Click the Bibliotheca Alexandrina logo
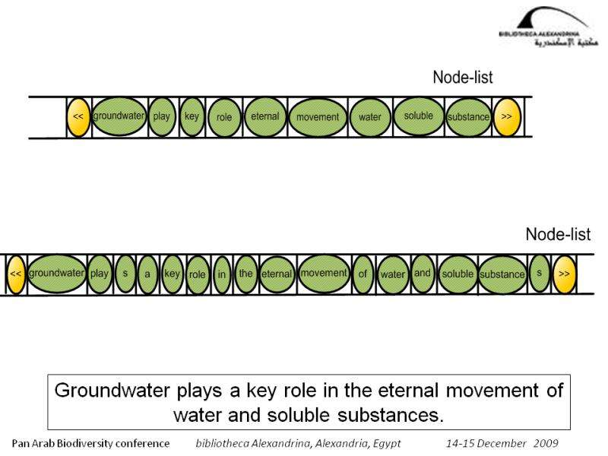(548, 28)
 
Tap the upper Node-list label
(462, 77)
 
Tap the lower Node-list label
(558, 235)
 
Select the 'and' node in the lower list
(423, 274)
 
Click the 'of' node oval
(363, 274)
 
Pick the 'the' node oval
(245, 274)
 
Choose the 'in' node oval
(221, 275)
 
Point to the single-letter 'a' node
(148, 274)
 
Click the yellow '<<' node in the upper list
(78, 117)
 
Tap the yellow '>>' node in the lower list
(564, 274)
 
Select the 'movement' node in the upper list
(318, 117)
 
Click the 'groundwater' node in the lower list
(57, 274)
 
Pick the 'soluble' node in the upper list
(419, 116)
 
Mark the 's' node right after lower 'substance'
(539, 273)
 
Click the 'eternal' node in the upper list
(265, 117)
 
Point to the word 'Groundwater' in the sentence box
(101, 391)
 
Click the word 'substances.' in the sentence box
(400, 415)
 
